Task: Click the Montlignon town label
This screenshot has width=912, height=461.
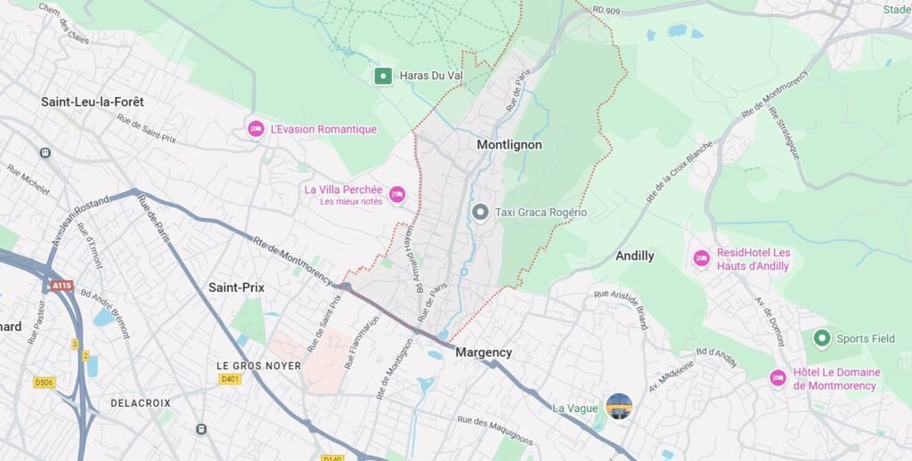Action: pyautogui.click(x=509, y=144)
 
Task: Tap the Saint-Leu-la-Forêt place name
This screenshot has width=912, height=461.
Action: pyautogui.click(x=93, y=102)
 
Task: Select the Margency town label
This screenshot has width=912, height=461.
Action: pyautogui.click(x=484, y=352)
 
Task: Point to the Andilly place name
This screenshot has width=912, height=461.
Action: pyautogui.click(x=635, y=256)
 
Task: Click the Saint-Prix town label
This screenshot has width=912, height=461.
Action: pyautogui.click(x=236, y=287)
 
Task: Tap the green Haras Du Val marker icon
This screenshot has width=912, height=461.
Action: pyautogui.click(x=383, y=77)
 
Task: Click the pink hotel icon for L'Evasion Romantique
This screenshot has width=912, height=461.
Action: pyautogui.click(x=256, y=129)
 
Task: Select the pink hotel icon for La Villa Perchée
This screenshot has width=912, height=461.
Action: pyautogui.click(x=397, y=194)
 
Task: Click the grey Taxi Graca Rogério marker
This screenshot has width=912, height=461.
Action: pyautogui.click(x=480, y=212)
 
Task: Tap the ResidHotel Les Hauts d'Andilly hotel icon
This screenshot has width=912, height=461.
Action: pyautogui.click(x=702, y=258)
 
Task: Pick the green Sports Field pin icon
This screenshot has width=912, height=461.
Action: pyautogui.click(x=821, y=338)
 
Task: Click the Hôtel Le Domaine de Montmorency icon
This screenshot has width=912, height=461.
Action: pyautogui.click(x=778, y=378)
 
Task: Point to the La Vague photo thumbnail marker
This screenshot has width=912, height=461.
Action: pyautogui.click(x=619, y=407)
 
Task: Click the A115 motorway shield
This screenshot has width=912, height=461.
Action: pyautogui.click(x=61, y=286)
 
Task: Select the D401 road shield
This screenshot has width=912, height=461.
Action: pyautogui.click(x=231, y=379)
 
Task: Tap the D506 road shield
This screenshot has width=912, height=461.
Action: pyautogui.click(x=44, y=383)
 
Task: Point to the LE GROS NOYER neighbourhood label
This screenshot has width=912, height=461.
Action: pyautogui.click(x=259, y=366)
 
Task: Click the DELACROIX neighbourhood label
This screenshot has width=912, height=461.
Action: pyautogui.click(x=141, y=403)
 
